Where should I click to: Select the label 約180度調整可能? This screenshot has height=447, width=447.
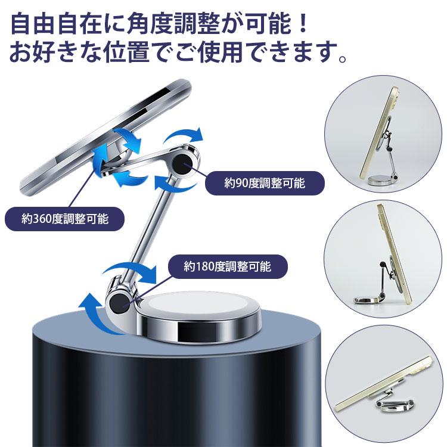(227, 266)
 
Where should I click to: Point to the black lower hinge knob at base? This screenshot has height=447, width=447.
(119, 303)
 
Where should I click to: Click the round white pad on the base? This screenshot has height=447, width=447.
(173, 310)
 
